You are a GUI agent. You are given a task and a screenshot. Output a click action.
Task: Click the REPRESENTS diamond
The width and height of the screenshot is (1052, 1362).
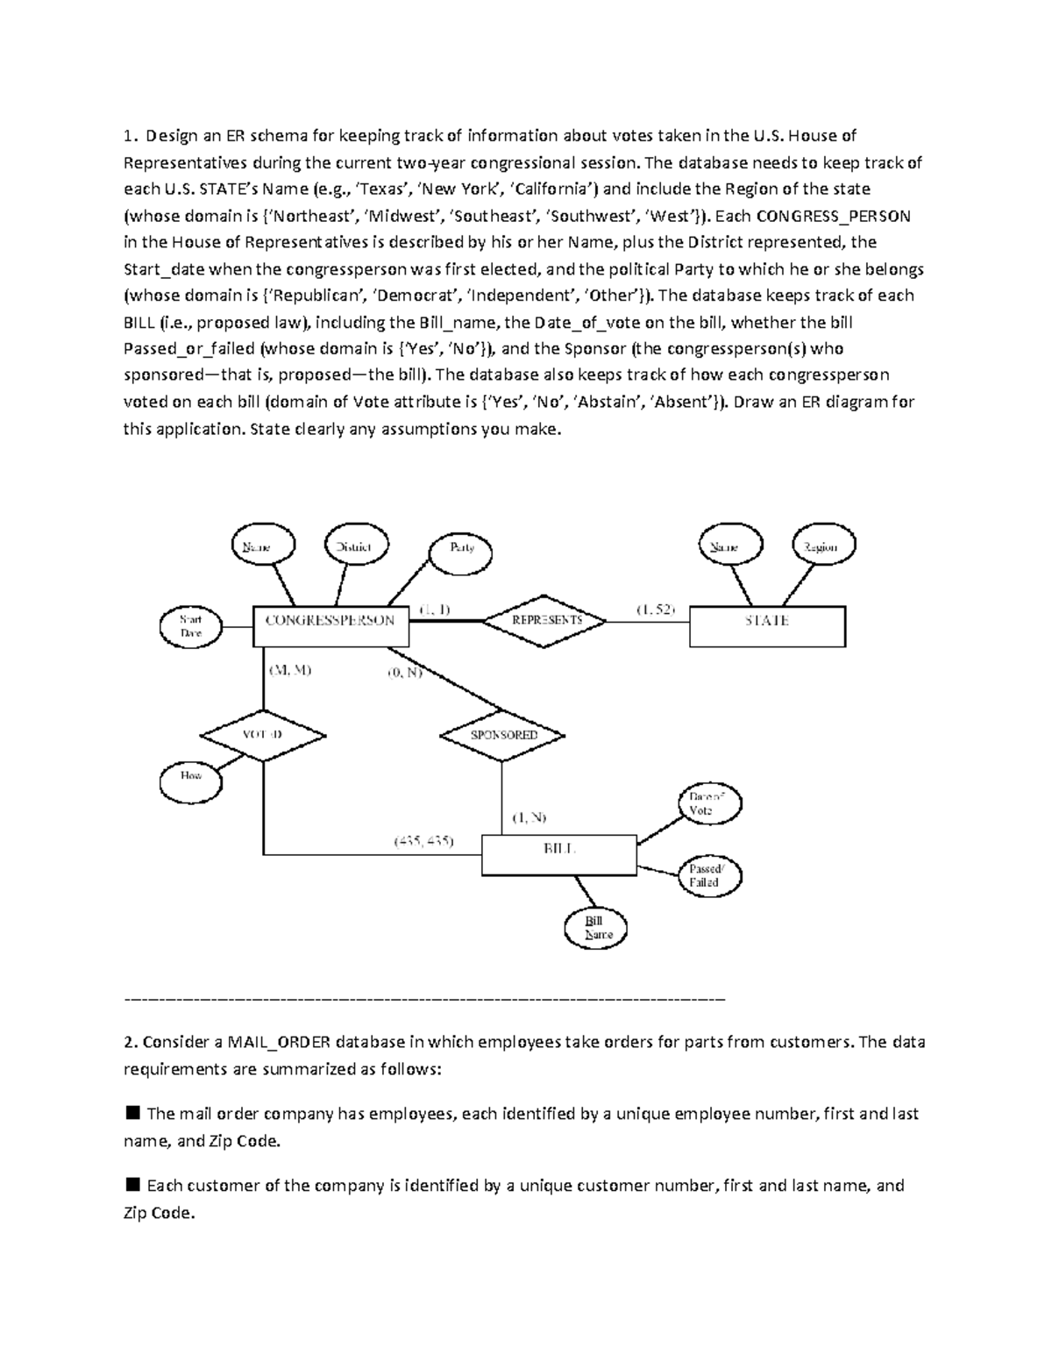(x=546, y=620)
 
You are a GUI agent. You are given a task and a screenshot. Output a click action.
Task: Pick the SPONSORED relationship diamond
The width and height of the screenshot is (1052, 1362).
(x=502, y=735)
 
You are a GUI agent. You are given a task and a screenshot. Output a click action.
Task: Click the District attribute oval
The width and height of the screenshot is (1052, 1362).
(x=353, y=547)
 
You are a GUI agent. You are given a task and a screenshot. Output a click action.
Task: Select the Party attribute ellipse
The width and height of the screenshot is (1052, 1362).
(x=462, y=548)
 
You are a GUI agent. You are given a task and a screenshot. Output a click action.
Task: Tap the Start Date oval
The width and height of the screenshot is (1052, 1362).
(x=191, y=626)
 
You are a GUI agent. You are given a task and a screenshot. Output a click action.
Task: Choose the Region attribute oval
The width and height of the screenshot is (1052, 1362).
(x=822, y=547)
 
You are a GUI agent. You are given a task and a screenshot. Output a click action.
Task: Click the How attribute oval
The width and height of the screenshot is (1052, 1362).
(x=190, y=776)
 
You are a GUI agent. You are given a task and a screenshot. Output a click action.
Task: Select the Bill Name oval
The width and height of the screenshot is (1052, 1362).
(x=594, y=928)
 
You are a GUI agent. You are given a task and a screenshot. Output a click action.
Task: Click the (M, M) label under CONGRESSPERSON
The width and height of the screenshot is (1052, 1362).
(x=291, y=671)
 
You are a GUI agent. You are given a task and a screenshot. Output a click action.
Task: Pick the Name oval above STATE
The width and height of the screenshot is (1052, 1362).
(x=730, y=547)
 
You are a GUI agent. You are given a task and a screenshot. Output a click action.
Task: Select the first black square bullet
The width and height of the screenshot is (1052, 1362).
(x=133, y=1114)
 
